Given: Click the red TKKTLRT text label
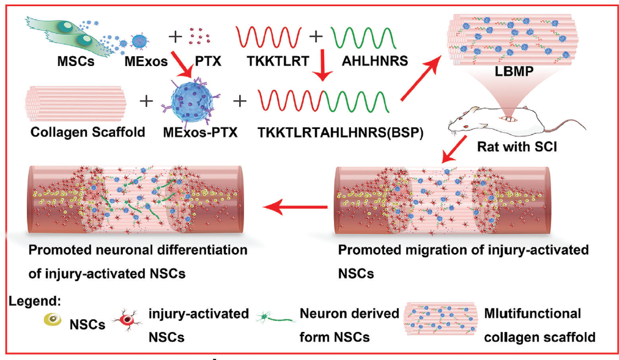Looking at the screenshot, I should point(274,62).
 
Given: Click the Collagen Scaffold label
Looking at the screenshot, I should point(78,131).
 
